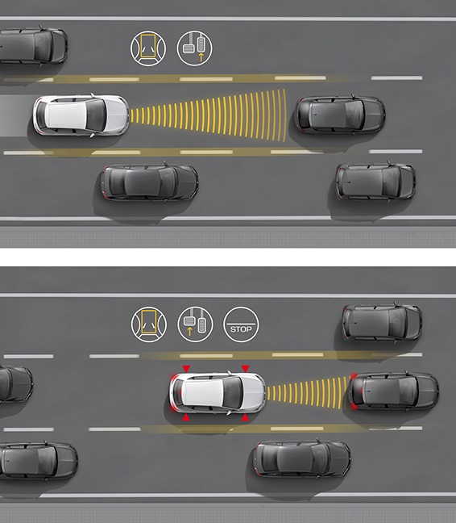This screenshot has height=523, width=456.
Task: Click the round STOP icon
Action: tap(241, 324)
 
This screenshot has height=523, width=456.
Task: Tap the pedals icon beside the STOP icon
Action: tap(195, 324)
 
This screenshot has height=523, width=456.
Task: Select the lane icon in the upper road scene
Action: tap(148, 48)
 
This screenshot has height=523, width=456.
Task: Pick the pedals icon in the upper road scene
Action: tap(194, 48)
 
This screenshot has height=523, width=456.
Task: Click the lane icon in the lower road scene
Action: tap(149, 324)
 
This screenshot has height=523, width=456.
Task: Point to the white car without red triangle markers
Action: tap(81, 115)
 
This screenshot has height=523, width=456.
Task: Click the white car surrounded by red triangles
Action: tap(218, 392)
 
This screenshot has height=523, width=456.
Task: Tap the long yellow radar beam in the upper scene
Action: tap(208, 115)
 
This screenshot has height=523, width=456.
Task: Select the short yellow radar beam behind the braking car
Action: tap(309, 392)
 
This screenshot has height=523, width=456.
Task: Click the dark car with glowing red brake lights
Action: tap(395, 391)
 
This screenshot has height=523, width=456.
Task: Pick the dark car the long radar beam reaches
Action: tap(340, 114)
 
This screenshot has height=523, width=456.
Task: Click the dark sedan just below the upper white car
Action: tap(149, 182)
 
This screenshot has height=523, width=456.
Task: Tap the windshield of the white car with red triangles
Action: tap(233, 392)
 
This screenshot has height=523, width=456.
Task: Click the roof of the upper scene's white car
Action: tap(66, 115)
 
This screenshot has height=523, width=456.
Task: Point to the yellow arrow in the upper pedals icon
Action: tap(201, 56)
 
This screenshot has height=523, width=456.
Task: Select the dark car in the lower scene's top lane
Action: tap(382, 323)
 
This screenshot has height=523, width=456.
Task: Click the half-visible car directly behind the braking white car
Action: tap(16, 383)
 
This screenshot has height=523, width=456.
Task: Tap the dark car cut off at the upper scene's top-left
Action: tap(33, 46)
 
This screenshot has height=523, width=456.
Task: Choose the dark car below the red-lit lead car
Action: tap(302, 458)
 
